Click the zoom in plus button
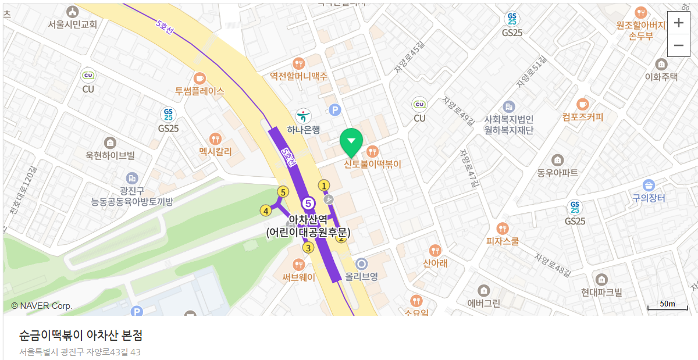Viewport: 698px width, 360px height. coord(678,23)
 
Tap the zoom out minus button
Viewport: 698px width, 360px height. coord(678,45)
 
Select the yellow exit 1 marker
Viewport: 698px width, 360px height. coord(324,186)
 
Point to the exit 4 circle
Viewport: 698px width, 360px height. coord(266,211)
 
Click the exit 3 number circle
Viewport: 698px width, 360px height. coord(308,248)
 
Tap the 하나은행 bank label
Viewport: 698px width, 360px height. coord(304,130)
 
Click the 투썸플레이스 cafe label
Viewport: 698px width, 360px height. coord(200,91)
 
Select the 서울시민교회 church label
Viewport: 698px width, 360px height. coord(73,24)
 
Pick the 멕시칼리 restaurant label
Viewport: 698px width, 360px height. coord(215,152)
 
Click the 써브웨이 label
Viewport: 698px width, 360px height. coord(299,277)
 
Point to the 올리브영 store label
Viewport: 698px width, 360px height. coord(362,277)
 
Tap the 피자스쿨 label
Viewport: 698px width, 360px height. coord(503,241)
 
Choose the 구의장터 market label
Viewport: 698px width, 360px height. coord(649,198)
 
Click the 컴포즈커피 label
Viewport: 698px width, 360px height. coord(583,117)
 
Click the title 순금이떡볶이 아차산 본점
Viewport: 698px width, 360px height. coord(81,336)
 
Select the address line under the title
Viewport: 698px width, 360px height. coord(80,352)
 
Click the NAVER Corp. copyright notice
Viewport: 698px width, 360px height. coord(41,306)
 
